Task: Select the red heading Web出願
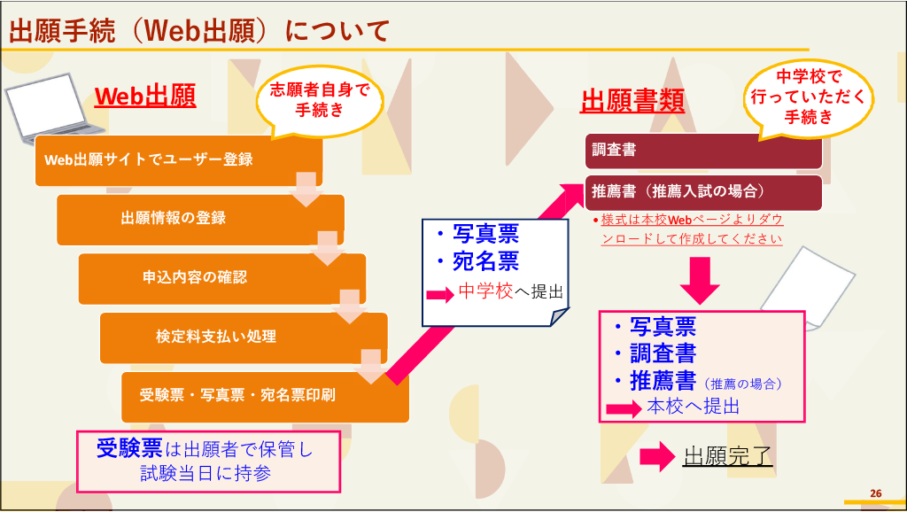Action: (145, 96)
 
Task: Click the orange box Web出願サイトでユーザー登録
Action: (179, 160)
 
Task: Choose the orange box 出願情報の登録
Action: (200, 220)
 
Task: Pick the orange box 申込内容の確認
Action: (222, 278)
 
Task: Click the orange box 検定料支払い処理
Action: (244, 337)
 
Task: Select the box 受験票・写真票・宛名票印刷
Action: (265, 397)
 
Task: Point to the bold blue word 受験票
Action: (129, 448)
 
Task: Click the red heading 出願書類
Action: (632, 101)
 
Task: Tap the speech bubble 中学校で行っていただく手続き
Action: (808, 97)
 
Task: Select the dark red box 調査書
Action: (703, 151)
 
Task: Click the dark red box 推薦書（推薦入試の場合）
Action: (703, 192)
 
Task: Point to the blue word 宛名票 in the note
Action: (486, 261)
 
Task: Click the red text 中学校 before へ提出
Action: (486, 291)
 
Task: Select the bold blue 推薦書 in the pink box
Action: (663, 381)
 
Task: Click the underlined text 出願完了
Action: (728, 456)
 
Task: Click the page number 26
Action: (876, 493)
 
